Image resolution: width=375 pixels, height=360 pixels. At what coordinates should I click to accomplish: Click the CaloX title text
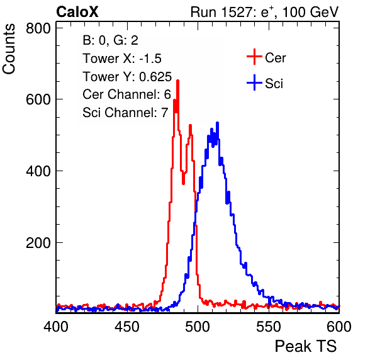(x=77, y=12)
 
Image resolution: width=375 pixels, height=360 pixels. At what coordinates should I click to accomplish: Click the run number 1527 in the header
(x=237, y=12)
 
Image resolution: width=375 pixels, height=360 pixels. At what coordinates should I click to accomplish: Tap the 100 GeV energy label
(x=310, y=12)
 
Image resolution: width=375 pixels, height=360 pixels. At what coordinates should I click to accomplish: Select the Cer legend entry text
(x=275, y=58)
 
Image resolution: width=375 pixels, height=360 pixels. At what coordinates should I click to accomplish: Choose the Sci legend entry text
(x=274, y=84)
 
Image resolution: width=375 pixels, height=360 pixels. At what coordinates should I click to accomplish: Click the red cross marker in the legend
(x=254, y=57)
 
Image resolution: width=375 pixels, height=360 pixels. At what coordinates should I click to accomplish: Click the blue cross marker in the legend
(x=254, y=83)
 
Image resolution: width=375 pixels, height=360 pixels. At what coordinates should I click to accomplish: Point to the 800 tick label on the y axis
(x=38, y=28)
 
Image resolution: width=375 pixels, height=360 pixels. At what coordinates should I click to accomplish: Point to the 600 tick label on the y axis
(x=38, y=99)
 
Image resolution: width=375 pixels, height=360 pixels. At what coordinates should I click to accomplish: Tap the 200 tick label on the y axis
(x=38, y=243)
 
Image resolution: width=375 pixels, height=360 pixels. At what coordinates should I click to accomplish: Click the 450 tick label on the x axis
(x=126, y=326)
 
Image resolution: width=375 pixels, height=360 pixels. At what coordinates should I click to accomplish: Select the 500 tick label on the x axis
(x=198, y=326)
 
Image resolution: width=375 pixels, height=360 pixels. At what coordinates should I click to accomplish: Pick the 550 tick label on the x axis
(x=268, y=326)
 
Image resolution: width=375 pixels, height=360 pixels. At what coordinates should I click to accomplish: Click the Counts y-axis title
(x=9, y=49)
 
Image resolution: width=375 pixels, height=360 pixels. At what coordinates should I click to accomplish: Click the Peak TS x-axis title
(x=306, y=346)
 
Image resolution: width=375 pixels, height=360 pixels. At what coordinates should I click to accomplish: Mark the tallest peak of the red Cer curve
(x=177, y=81)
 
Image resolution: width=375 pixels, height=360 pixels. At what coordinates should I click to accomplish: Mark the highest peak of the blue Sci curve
(x=218, y=123)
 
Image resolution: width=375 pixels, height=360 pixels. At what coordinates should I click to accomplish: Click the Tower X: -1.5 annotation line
(x=122, y=59)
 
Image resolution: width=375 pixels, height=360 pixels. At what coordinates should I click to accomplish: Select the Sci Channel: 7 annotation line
(x=125, y=112)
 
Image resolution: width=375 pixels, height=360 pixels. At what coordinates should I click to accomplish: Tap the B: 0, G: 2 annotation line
(x=110, y=40)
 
